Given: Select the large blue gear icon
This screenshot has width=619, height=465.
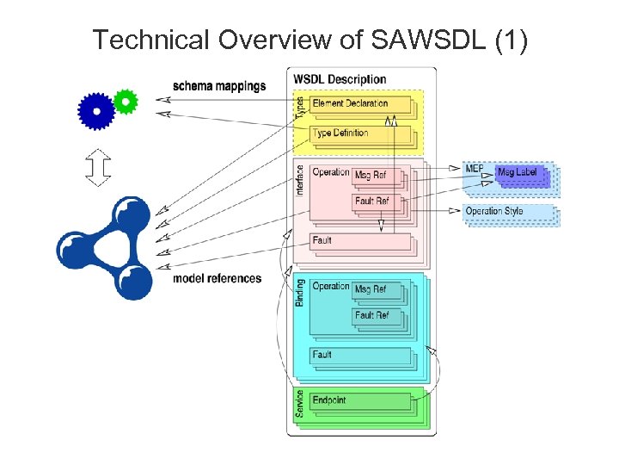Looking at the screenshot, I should coord(95,111).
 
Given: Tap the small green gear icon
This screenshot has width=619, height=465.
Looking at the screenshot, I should coord(126,101).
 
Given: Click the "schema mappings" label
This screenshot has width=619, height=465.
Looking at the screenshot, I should coord(219,86).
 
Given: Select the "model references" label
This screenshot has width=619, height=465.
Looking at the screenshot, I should coord(217,278).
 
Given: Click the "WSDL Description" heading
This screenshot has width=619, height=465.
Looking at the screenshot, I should coord(340,79).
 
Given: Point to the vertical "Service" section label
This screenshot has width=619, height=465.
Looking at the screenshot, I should coord(299,403).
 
